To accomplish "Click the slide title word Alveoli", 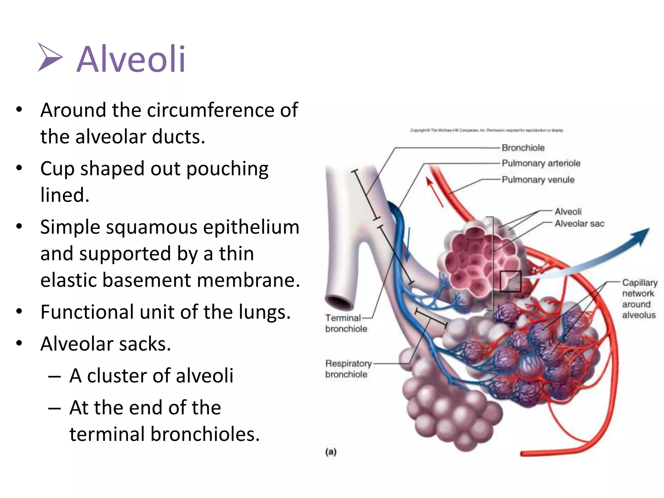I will pos(131,59).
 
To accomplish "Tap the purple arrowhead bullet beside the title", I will pos(50,57).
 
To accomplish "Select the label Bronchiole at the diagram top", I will pos(523,148).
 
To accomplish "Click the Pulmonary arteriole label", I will pos(541,163).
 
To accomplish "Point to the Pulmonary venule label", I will pos(538,180).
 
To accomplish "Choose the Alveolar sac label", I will pos(579,224).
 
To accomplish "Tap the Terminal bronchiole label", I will pos(346,323).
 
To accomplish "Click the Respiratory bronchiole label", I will pos(348,369).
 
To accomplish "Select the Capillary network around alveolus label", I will pos(639,299).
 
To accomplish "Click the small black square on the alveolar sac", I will pos(510,281).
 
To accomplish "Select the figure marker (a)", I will pos(331,452).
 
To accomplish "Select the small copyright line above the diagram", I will pos(487,130).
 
